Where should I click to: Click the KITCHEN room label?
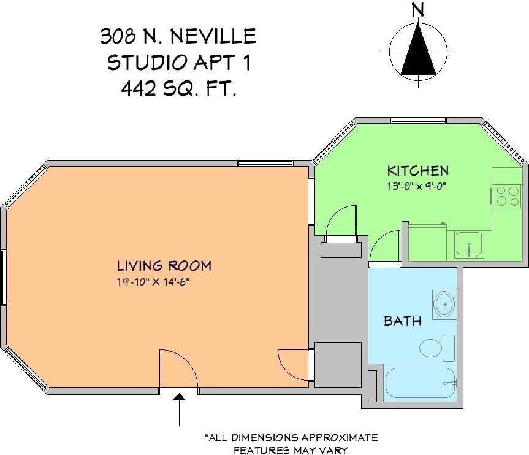click(417, 171)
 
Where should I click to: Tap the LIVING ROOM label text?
click(164, 266)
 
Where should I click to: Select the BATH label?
click(402, 321)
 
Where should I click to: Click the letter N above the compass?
click(418, 10)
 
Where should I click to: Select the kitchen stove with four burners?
click(507, 196)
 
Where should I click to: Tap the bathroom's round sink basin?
click(444, 303)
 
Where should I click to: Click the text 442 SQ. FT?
click(178, 89)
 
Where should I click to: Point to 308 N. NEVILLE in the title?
click(178, 36)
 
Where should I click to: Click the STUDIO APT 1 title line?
click(178, 63)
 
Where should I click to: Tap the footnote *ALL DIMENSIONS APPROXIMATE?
click(291, 438)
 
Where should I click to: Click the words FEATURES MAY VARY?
click(291, 450)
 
